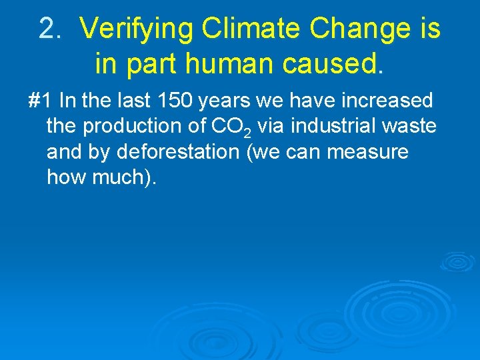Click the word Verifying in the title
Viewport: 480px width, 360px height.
pos(137,29)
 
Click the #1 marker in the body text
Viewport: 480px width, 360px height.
pos(40,101)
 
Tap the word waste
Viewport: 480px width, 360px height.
pos(413,127)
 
